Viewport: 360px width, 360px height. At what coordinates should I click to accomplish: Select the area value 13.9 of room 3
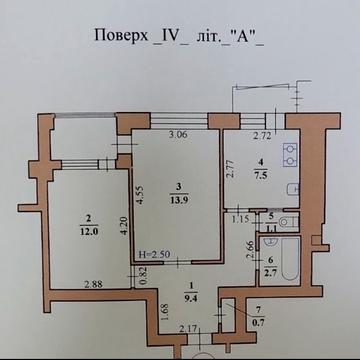pos(176,199)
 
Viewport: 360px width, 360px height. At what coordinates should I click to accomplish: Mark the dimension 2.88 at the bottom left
pos(94,285)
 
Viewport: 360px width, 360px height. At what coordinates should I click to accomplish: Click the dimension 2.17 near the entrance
pos(189,328)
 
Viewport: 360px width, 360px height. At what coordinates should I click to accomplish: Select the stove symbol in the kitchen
pos(289,154)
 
